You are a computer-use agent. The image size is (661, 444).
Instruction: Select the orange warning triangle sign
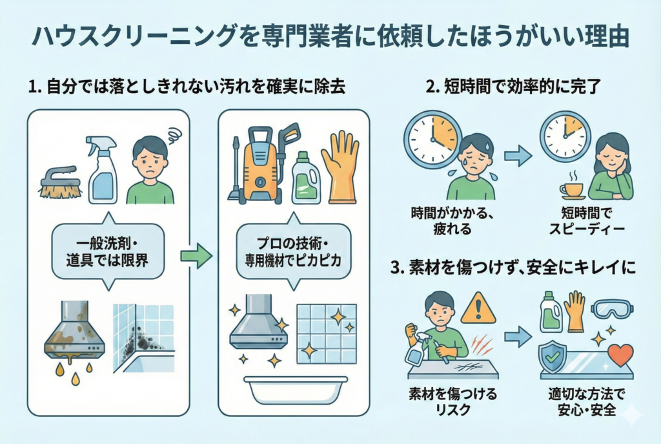[478, 308]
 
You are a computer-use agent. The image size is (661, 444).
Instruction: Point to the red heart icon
[621, 355]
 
